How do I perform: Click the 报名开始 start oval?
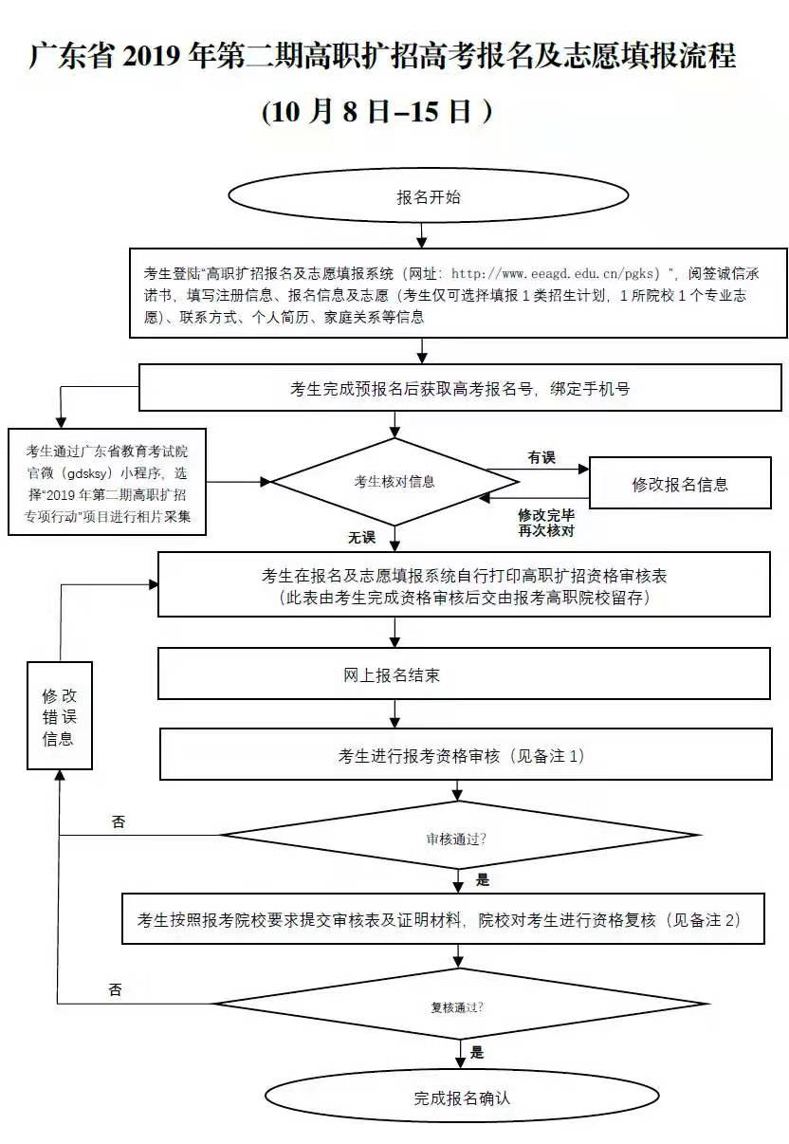click(428, 197)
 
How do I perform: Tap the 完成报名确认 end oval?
click(462, 1098)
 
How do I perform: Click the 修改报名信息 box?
click(680, 485)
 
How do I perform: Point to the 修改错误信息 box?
click(58, 717)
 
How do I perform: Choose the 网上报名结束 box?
click(464, 674)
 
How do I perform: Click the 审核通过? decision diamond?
click(458, 840)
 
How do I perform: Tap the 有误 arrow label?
click(541, 458)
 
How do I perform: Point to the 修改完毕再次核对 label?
click(545, 522)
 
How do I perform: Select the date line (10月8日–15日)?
click(377, 112)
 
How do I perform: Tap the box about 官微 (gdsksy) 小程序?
click(107, 482)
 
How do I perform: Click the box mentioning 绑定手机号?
click(460, 388)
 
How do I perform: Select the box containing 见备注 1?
click(465, 756)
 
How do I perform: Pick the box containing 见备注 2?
click(443, 919)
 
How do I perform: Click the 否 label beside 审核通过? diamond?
click(118, 822)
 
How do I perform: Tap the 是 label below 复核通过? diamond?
click(477, 1052)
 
